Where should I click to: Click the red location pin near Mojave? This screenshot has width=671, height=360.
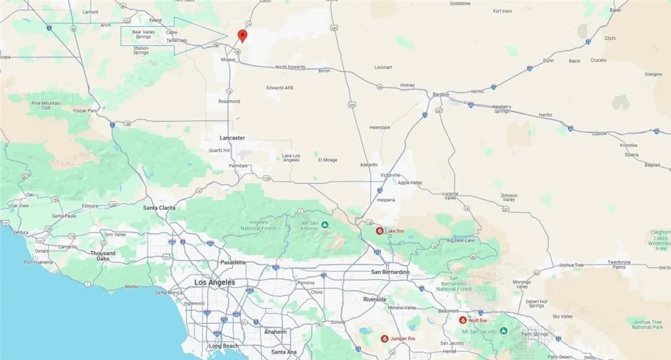242,35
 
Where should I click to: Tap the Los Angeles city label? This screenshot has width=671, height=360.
214,282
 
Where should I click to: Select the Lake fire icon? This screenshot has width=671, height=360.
379,231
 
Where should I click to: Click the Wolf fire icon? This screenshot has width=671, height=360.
463,320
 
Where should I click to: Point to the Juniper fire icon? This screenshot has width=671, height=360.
385,338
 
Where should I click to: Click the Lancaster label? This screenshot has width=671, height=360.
232,138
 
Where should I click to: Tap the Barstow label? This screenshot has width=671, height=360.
441,94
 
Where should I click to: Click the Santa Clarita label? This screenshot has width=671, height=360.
159,208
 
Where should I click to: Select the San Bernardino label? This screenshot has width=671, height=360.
390,271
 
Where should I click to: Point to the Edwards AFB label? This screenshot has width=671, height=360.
279,88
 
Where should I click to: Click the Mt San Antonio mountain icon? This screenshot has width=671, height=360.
324,225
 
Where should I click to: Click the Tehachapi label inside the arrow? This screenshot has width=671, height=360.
177,40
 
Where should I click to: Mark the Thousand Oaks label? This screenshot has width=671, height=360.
103,256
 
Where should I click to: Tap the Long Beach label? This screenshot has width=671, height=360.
223,346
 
